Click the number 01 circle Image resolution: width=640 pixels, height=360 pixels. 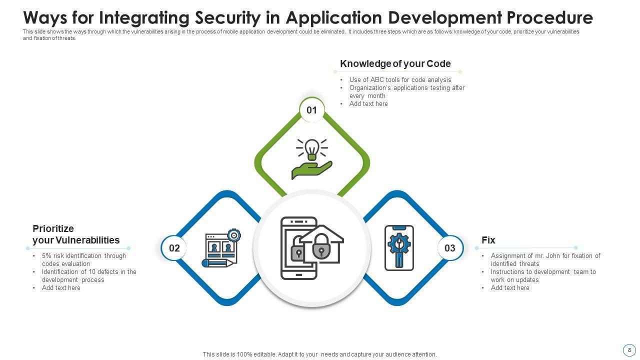tap(311, 110)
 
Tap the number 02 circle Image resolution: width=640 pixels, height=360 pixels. tap(174, 247)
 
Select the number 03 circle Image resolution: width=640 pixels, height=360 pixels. tap(450, 247)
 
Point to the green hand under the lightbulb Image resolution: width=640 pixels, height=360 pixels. tap(311, 170)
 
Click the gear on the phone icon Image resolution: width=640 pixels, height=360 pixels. tap(399, 243)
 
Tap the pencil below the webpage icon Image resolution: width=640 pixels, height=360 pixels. tap(219, 263)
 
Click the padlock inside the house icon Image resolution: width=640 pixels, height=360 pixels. tap(321, 245)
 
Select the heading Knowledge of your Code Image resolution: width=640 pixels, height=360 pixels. tap(395, 63)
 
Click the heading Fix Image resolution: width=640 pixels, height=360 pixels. tap(488, 240)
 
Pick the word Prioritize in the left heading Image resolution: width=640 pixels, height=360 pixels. tap(53, 228)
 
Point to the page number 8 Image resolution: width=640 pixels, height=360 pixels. tap(629, 350)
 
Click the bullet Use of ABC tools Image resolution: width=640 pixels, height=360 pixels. tap(400, 79)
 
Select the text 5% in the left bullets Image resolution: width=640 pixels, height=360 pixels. tap(46, 255)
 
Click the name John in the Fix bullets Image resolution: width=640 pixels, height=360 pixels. tap(553, 255)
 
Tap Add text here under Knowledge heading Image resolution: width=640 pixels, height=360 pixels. tap(368, 103)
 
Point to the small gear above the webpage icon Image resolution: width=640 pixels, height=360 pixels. tap(234, 235)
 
